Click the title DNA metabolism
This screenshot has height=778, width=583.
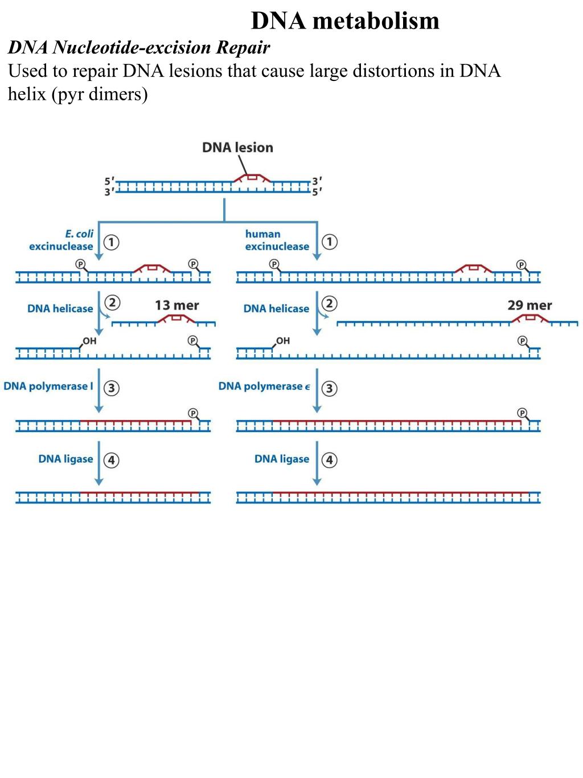[x=345, y=21]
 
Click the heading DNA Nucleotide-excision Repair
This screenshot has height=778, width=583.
[x=139, y=47]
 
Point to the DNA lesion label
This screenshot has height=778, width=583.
[x=237, y=148]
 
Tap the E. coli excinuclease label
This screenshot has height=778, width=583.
[x=61, y=240]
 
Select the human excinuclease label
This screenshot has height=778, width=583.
[x=277, y=240]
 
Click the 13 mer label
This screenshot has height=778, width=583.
[x=176, y=306]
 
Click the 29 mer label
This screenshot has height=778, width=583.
[x=529, y=306]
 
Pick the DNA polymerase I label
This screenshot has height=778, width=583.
[x=48, y=386]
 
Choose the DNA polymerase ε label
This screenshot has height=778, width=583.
[x=264, y=386]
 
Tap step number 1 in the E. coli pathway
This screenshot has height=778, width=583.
[x=112, y=242]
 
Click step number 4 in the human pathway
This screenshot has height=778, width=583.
[x=330, y=460]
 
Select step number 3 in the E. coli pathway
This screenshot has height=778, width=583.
[x=112, y=388]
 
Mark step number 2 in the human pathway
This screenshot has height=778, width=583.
[x=330, y=303]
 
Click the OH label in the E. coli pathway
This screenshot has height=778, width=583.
[x=89, y=341]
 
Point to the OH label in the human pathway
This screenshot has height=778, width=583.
[x=283, y=341]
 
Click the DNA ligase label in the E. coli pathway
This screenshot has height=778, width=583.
[x=65, y=459]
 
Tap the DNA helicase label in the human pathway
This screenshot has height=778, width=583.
[x=276, y=308]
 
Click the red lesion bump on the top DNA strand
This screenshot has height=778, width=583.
[x=252, y=178]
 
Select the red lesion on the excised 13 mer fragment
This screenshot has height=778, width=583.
[x=176, y=319]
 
